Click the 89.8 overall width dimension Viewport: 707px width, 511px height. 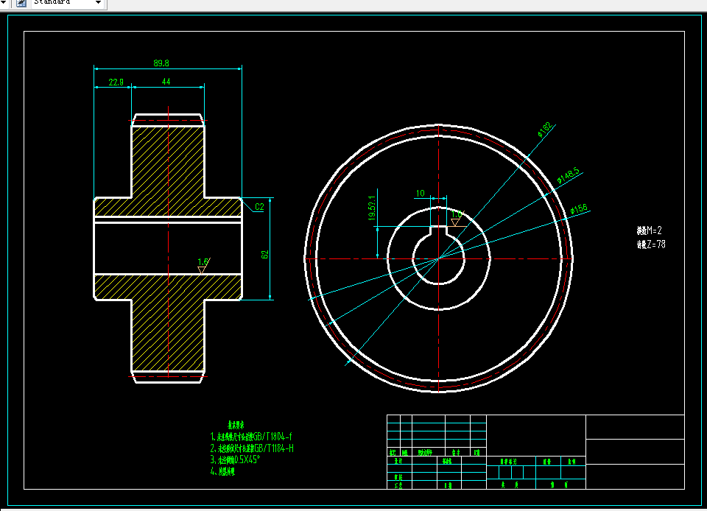(161, 63)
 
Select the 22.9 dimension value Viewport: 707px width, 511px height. (116, 82)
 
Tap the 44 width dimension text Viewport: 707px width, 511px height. (166, 82)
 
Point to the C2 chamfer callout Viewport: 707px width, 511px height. (259, 207)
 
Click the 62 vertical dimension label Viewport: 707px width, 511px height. (264, 254)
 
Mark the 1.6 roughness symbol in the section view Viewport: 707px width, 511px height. (203, 261)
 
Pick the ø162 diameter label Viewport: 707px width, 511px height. (545, 130)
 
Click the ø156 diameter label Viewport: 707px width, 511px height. (579, 209)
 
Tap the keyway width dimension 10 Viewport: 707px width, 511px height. (421, 194)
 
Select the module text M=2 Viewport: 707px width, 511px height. (651, 230)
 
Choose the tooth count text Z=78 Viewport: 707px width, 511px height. (651, 244)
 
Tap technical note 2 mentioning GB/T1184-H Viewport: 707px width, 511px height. (252, 448)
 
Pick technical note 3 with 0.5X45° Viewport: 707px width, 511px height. (236, 459)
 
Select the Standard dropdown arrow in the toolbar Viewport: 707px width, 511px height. (98, 3)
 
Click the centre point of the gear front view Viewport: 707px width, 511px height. (440, 258)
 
